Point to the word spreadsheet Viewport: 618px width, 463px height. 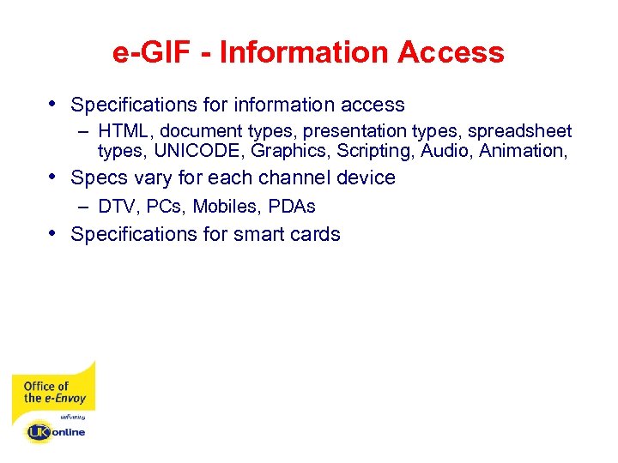519,131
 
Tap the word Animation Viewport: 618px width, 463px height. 523,151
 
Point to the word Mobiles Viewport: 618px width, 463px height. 226,207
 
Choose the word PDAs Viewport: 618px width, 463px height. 292,207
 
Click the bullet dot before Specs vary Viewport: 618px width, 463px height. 55,177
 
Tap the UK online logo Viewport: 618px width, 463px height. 56,431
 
